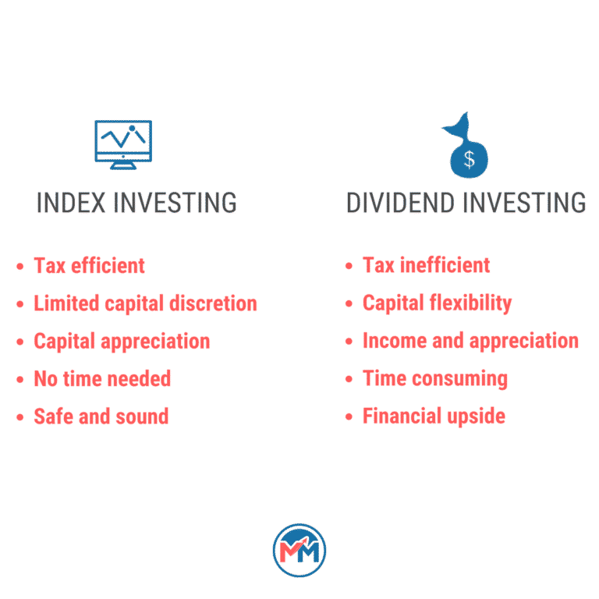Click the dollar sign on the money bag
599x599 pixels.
tap(469, 159)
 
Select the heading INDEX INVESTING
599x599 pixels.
tap(136, 203)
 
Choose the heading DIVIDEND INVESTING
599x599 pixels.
tap(466, 203)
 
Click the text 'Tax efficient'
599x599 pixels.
tap(89, 265)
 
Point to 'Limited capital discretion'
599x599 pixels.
tap(145, 303)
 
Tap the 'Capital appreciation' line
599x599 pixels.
tap(122, 341)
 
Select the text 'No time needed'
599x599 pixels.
tap(102, 379)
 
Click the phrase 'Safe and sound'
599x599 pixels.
tap(101, 416)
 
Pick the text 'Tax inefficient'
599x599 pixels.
tap(426, 265)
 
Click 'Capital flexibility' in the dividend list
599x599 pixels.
tap(437, 303)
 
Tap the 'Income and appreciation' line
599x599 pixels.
tap(470, 341)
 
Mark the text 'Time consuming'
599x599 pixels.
tap(435, 379)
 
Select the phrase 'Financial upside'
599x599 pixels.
tap(434, 416)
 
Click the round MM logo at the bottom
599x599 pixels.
tap(299, 550)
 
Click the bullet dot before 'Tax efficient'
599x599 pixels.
tap(20, 267)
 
